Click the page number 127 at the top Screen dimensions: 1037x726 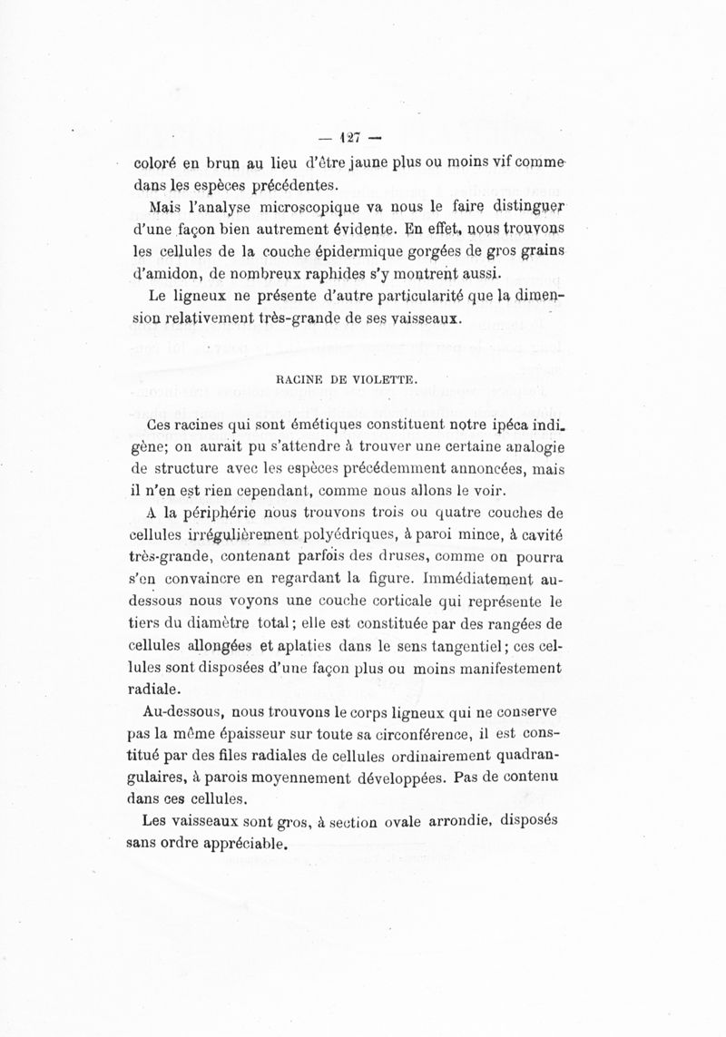(349, 139)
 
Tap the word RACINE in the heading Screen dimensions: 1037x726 (301, 381)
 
